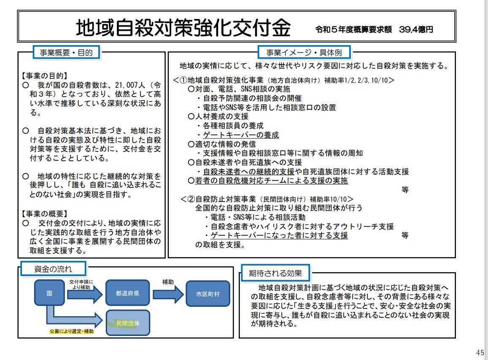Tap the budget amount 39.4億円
pyautogui.click(x=416, y=30)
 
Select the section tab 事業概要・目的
pyautogui.click(x=66, y=52)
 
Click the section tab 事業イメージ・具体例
pyautogui.click(x=304, y=53)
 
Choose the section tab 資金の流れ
pyautogui.click(x=53, y=268)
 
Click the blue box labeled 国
pyautogui.click(x=49, y=293)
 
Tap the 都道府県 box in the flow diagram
pyautogui.click(x=127, y=293)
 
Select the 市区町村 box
pyautogui.click(x=208, y=293)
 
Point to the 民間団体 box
pyautogui.click(x=128, y=323)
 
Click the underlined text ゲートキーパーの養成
pyautogui.click(x=241, y=135)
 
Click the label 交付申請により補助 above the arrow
pyautogui.click(x=81, y=284)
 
